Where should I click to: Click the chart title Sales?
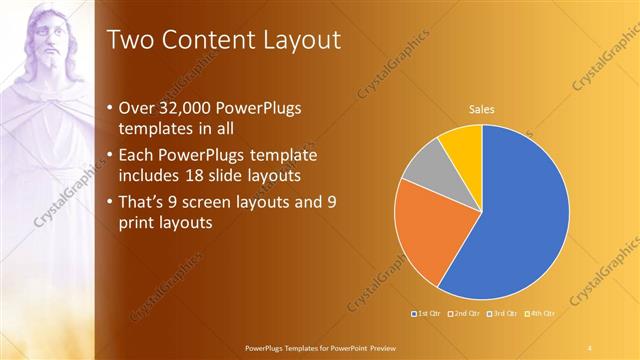pos(482,109)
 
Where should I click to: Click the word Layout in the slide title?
pos(299,41)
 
